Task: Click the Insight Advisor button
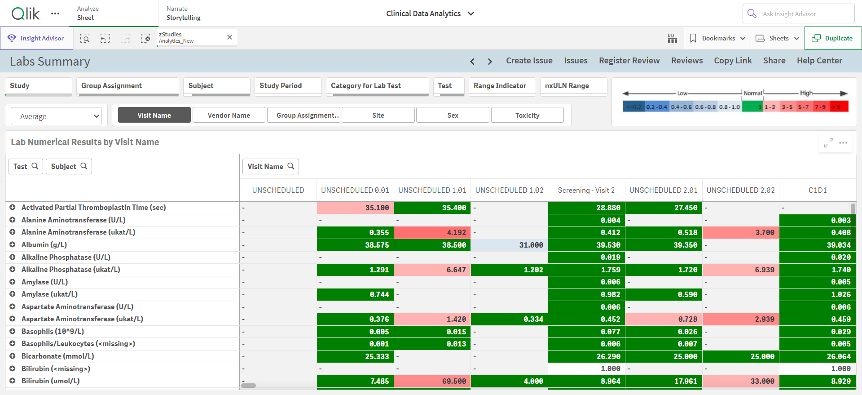click(36, 38)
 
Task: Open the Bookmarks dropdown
click(717, 38)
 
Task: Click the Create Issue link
click(529, 61)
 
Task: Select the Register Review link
click(629, 61)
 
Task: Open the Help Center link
click(819, 61)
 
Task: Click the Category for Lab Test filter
click(377, 86)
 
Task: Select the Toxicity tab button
click(527, 115)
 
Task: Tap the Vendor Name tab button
click(229, 115)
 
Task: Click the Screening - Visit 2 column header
click(586, 190)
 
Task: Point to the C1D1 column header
click(818, 190)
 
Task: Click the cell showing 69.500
click(432, 381)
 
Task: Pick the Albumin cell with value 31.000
click(509, 245)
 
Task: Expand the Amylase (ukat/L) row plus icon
click(13, 294)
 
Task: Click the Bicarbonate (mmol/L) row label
click(58, 356)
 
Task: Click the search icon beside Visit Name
click(291, 166)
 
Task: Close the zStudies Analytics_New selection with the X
click(229, 37)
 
